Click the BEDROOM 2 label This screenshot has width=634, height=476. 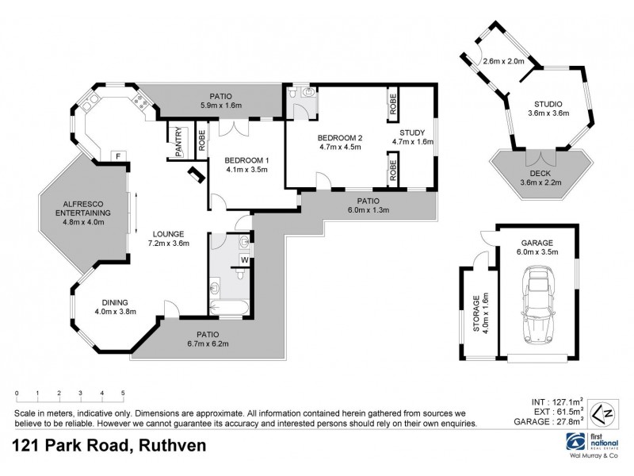[340, 136]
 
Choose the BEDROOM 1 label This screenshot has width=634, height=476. [247, 159]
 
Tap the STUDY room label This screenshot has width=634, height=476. [412, 132]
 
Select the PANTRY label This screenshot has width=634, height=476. [178, 142]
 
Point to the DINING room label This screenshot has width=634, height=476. [115, 301]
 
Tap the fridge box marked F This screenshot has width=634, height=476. [117, 156]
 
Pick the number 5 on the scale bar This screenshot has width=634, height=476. [123, 393]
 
